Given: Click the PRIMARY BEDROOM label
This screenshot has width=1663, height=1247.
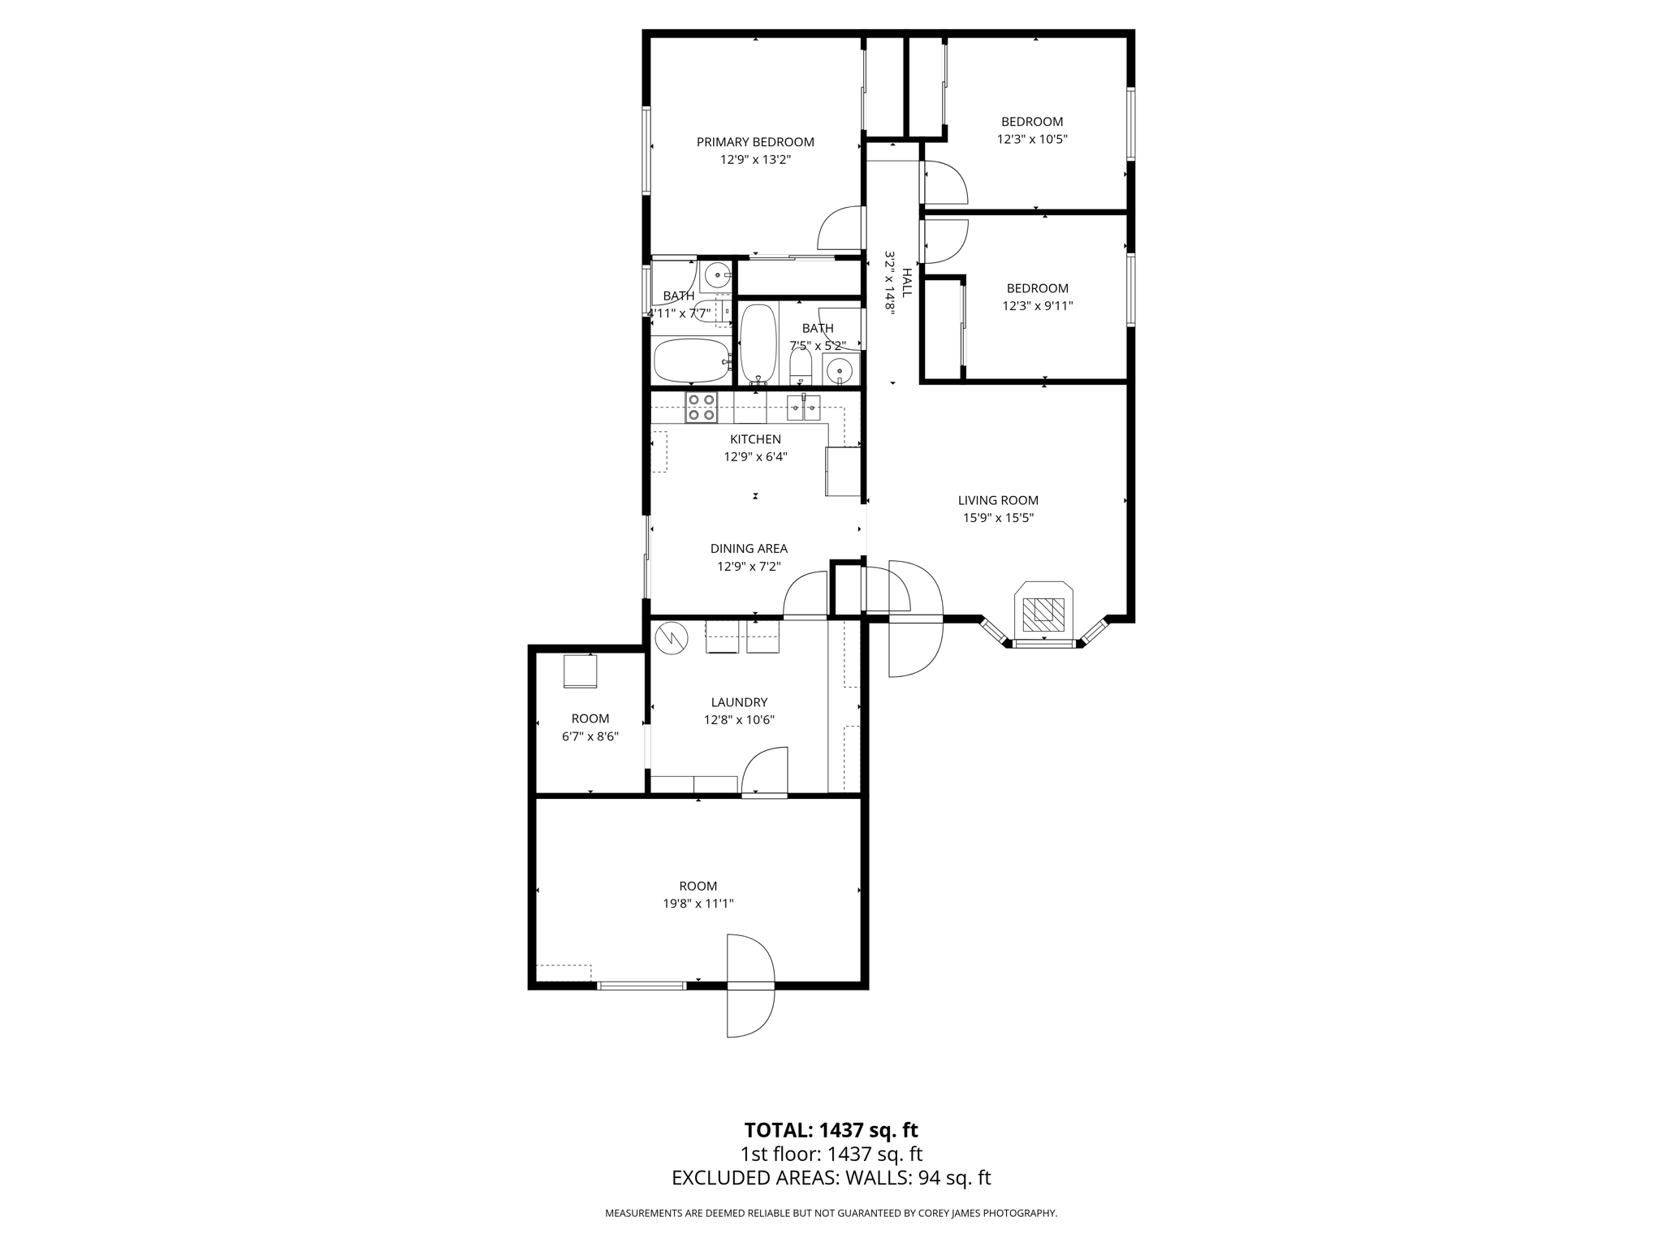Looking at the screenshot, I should click(x=755, y=142).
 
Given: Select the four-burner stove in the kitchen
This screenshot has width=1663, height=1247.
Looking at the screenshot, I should click(x=701, y=408).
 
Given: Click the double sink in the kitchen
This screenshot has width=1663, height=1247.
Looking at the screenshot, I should click(x=804, y=407).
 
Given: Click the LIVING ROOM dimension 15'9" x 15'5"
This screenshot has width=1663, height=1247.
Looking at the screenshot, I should click(x=998, y=518).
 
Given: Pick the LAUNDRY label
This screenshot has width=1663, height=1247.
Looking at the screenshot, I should click(x=739, y=702).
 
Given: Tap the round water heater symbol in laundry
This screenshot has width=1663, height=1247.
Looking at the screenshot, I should click(x=672, y=638).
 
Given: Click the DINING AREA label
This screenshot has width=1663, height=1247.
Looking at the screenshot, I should click(x=749, y=549).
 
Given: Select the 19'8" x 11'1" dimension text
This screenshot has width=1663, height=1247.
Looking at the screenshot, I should click(x=698, y=904).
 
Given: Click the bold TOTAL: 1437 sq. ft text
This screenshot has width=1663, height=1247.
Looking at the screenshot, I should click(x=831, y=1130).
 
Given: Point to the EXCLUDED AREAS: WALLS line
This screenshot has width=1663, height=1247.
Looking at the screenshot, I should click(x=831, y=1178).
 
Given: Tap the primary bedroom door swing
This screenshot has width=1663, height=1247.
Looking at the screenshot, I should click(x=840, y=229).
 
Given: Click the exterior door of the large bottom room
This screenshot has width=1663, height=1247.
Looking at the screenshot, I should click(x=750, y=986).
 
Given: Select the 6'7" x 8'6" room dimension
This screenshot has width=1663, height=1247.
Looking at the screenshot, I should click(x=590, y=736).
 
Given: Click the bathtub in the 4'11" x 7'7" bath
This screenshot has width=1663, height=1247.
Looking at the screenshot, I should click(x=692, y=360).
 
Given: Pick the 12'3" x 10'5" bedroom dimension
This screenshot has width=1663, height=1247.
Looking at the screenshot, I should click(x=1032, y=139).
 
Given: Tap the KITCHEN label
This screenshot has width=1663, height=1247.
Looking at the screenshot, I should click(x=755, y=439).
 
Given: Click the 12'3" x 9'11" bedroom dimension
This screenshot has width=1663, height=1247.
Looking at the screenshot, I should click(x=1038, y=306).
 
